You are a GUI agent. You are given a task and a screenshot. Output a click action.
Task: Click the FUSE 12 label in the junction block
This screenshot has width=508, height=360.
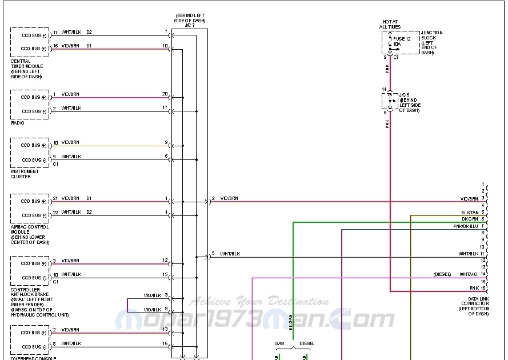pos(402,39)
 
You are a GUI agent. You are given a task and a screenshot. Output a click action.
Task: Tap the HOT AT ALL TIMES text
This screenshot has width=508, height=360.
pos(390,25)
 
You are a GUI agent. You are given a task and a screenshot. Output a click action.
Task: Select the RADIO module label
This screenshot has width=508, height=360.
pos(17,123)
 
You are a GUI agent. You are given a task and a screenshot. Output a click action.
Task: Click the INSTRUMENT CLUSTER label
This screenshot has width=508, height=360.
pos(25,174)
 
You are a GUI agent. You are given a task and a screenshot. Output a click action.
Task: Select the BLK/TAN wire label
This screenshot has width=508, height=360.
pos(470,212)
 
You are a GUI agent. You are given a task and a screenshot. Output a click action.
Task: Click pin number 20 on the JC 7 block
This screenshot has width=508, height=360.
pos(165,94)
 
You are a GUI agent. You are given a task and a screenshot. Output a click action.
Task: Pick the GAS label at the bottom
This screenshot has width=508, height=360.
pos(279,343)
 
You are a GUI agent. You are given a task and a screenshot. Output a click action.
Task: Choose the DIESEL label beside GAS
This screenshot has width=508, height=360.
pos(306,343)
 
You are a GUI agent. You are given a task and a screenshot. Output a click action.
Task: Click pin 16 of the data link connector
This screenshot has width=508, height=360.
pos(483,288)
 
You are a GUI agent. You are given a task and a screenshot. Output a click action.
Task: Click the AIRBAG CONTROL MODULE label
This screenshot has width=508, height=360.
pos(30,234)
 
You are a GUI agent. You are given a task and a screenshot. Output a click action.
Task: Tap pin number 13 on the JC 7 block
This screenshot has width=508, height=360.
pos(165,329)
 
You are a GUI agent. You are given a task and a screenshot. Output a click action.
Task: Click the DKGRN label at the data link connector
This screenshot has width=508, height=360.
pos(470,219)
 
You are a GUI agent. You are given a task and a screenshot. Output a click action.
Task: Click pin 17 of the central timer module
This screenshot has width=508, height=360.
pos(55,32)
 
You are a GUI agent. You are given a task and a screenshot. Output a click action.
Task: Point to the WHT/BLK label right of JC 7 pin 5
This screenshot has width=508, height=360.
pos(230,253)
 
